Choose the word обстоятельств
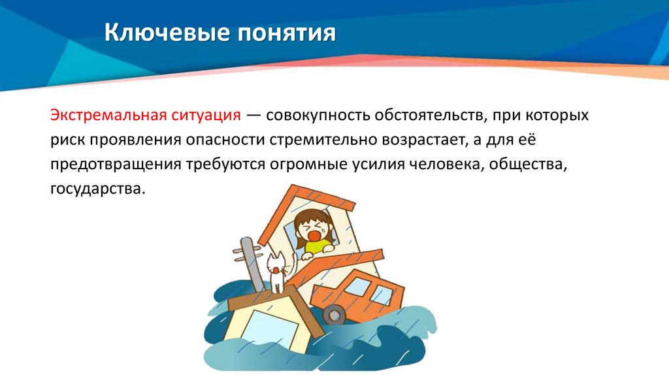click(430, 116)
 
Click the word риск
click(65, 140)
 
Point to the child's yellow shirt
click(317, 246)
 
